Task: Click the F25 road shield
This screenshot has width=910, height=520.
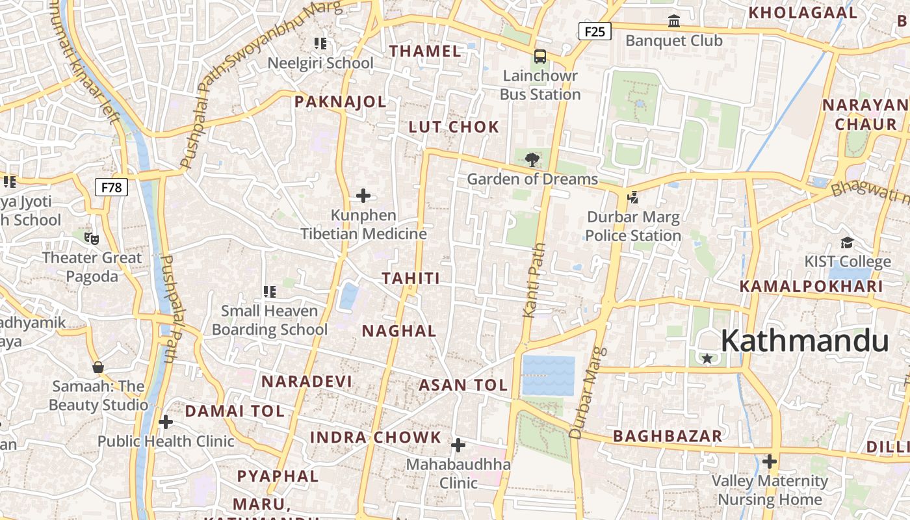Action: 595,31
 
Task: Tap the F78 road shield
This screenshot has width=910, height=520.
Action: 111,188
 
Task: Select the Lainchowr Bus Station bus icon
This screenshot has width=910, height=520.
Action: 540,57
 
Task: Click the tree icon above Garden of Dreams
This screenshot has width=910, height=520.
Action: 532,159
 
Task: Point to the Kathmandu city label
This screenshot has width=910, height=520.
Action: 804,341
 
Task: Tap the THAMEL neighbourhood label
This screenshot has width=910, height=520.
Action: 425,51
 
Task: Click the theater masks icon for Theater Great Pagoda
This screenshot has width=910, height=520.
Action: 92,239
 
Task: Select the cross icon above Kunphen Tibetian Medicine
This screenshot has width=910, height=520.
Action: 363,196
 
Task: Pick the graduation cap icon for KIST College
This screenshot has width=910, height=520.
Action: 847,243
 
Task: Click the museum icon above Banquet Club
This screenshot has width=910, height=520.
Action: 674,21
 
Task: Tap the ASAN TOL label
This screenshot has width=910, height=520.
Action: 463,385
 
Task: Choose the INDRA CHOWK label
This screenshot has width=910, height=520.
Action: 376,437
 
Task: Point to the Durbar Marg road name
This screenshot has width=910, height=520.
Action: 588,393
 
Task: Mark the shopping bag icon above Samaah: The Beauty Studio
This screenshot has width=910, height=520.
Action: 98,368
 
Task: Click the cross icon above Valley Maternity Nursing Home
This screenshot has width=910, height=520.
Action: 770,462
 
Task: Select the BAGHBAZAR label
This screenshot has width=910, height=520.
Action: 668,436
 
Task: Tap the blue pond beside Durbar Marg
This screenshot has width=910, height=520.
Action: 549,376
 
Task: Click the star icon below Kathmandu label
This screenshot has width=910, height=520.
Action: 707,358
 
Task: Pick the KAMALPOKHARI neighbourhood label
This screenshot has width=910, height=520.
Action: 811,286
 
